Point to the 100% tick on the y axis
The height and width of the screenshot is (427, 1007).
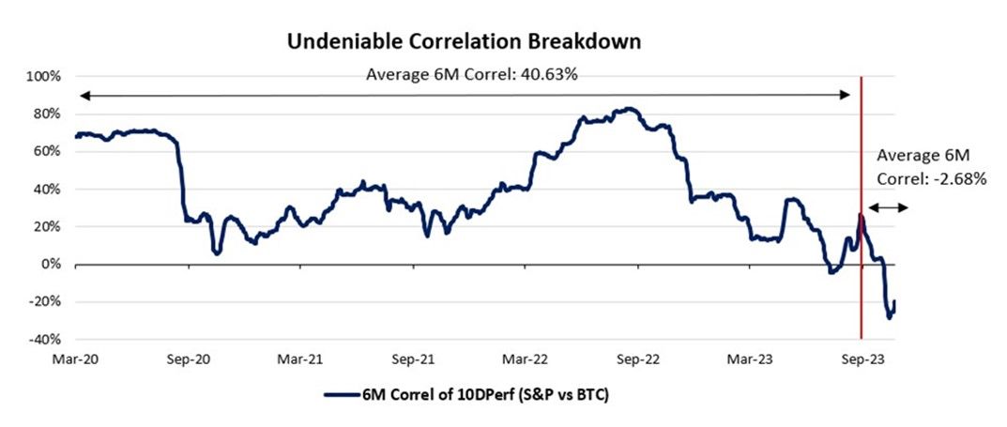coord(44,76)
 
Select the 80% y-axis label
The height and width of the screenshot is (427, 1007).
coord(47,114)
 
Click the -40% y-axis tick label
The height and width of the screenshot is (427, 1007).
coord(44,340)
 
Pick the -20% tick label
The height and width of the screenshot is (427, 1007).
coord(44,302)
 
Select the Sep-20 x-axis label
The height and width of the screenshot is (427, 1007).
coord(189,358)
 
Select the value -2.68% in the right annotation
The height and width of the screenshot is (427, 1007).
coord(957,175)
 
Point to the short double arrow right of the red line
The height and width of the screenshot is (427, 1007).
coord(888,207)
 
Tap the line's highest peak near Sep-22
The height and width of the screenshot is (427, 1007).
coord(626,110)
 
